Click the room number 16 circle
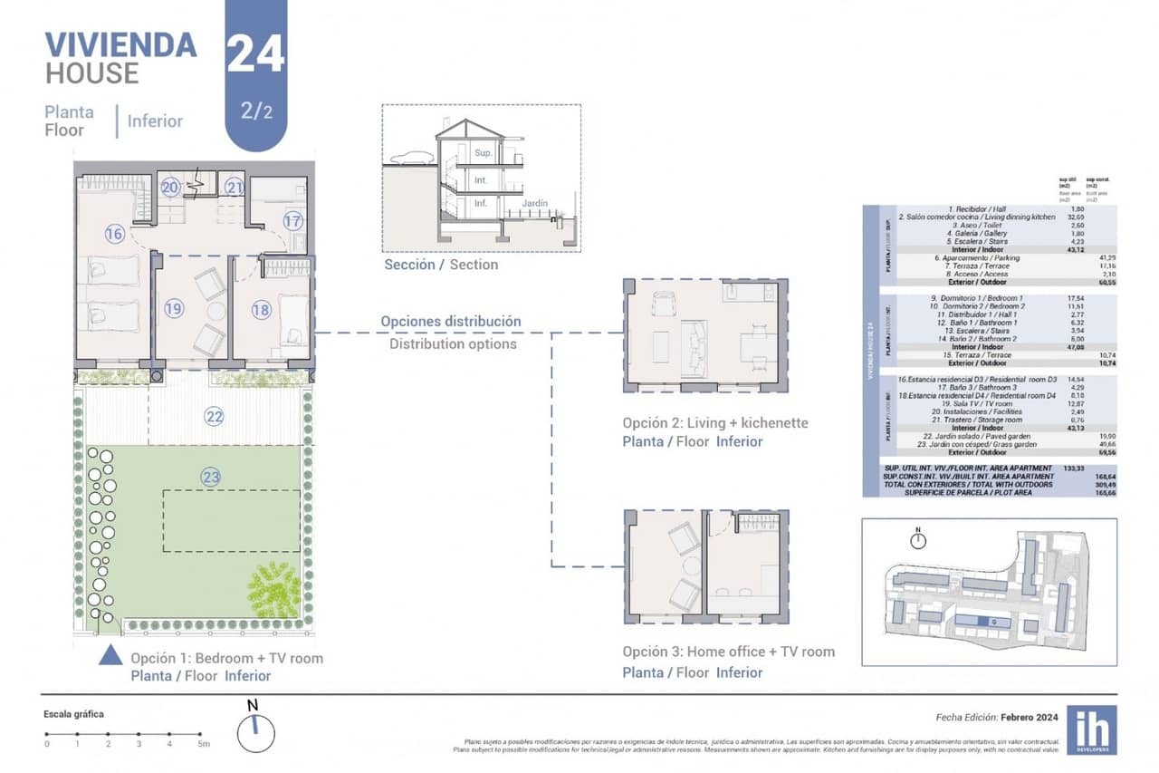114,234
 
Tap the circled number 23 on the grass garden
210,477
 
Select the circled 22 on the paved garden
214,417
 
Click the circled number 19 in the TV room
174,309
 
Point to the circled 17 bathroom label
292,220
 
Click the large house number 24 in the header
255,54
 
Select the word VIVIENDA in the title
120,44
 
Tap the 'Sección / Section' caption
441,265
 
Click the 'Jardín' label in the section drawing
534,204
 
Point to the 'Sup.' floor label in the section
484,153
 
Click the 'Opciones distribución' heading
450,321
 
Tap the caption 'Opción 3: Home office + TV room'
728,652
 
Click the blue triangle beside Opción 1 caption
110,654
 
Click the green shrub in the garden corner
273,590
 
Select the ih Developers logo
1091,729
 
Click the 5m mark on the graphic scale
204,743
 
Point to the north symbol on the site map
918,540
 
